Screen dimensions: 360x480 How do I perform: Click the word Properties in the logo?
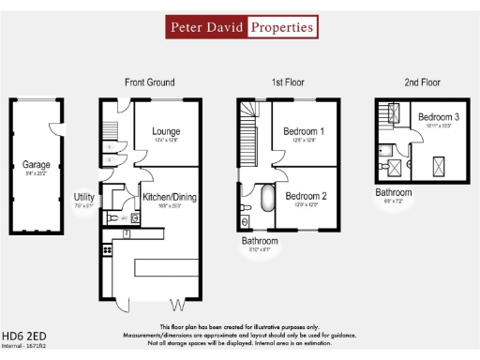[281, 27]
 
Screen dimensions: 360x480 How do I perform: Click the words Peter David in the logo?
[206, 27]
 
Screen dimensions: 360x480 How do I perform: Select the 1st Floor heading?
[291, 82]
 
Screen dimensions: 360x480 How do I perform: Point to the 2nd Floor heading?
[423, 82]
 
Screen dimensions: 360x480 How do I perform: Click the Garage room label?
[37, 165]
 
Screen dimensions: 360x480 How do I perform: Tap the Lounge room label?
[166, 132]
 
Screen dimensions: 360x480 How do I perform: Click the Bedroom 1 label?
[304, 132]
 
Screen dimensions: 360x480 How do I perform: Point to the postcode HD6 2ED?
[24, 336]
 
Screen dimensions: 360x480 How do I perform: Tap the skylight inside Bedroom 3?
[438, 168]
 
